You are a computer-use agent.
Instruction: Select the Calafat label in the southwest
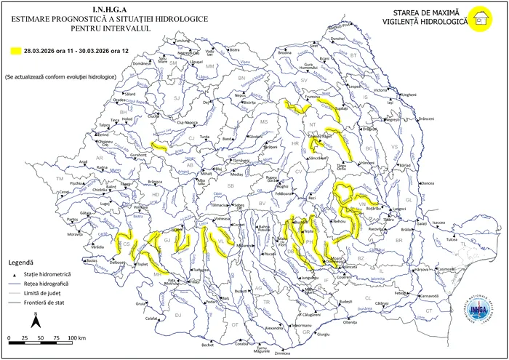[x=151, y=319]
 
